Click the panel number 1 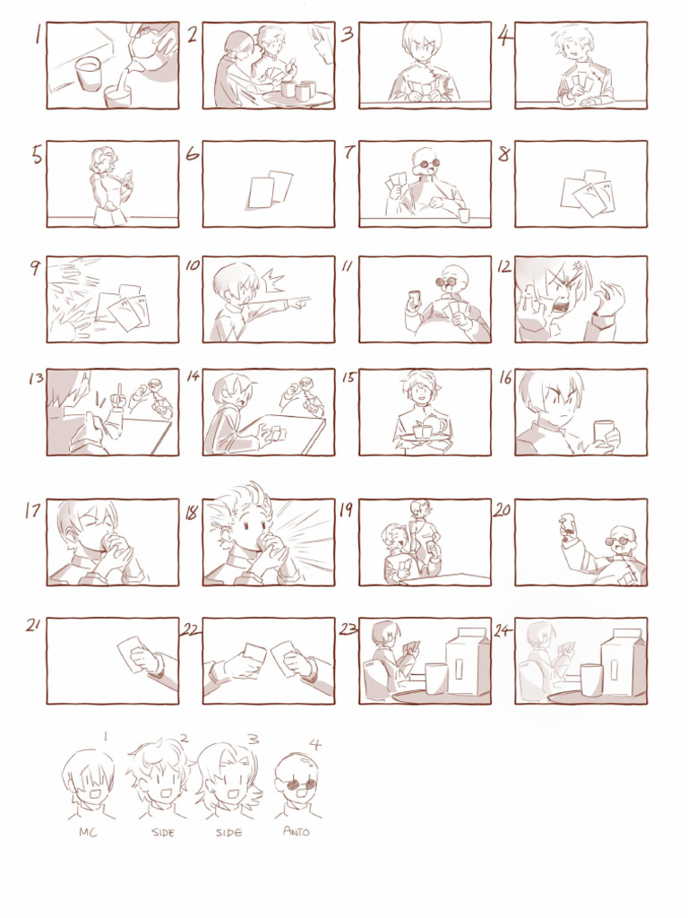(38, 36)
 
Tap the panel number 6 (192, 153)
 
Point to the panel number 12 (504, 267)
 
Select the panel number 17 (33, 510)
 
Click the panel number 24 (503, 630)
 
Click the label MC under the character (88, 832)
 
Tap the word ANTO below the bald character (296, 832)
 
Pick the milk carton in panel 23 (468, 662)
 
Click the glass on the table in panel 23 (435, 678)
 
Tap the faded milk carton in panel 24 (623, 662)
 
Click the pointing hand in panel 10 (298, 302)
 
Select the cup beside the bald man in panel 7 (463, 215)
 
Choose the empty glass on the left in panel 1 (87, 74)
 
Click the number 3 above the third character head (254, 740)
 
